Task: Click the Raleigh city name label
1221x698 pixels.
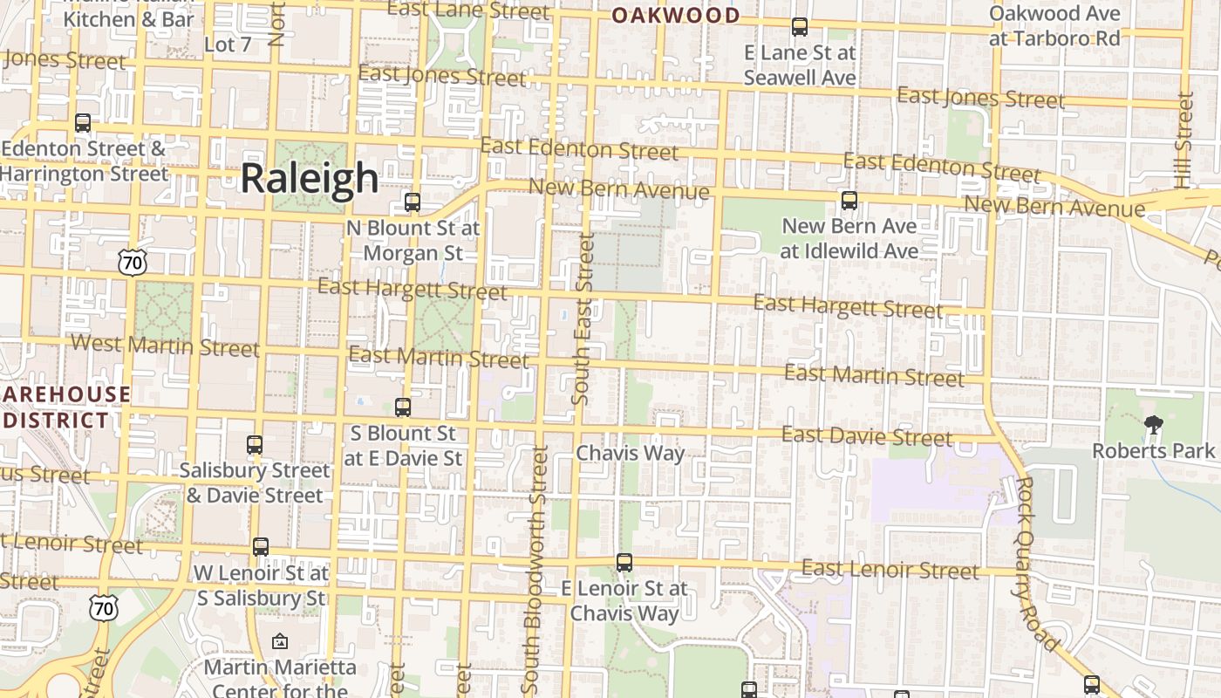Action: tap(309, 178)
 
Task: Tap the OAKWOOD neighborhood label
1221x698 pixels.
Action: tap(675, 15)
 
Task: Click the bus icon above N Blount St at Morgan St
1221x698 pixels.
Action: tap(413, 202)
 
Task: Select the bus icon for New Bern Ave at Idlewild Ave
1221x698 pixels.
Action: tap(849, 201)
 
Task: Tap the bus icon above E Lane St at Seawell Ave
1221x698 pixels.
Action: tap(800, 27)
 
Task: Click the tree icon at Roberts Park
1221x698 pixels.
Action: tap(1154, 425)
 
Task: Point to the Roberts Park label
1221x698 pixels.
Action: tap(1154, 451)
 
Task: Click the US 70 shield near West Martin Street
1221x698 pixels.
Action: tap(133, 261)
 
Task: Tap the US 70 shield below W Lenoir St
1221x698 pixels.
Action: tap(104, 608)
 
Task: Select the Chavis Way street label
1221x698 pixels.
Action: tap(630, 454)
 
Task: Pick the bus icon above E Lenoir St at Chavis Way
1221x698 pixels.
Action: tap(624, 563)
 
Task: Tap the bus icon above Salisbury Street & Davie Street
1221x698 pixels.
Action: tap(255, 445)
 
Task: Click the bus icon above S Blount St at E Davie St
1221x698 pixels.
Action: tap(402, 407)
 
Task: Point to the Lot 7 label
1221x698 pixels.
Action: tap(227, 44)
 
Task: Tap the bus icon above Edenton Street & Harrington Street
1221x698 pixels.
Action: tap(83, 123)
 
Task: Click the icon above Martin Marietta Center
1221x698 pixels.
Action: tap(279, 642)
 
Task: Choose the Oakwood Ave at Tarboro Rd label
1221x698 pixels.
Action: tap(1054, 26)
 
